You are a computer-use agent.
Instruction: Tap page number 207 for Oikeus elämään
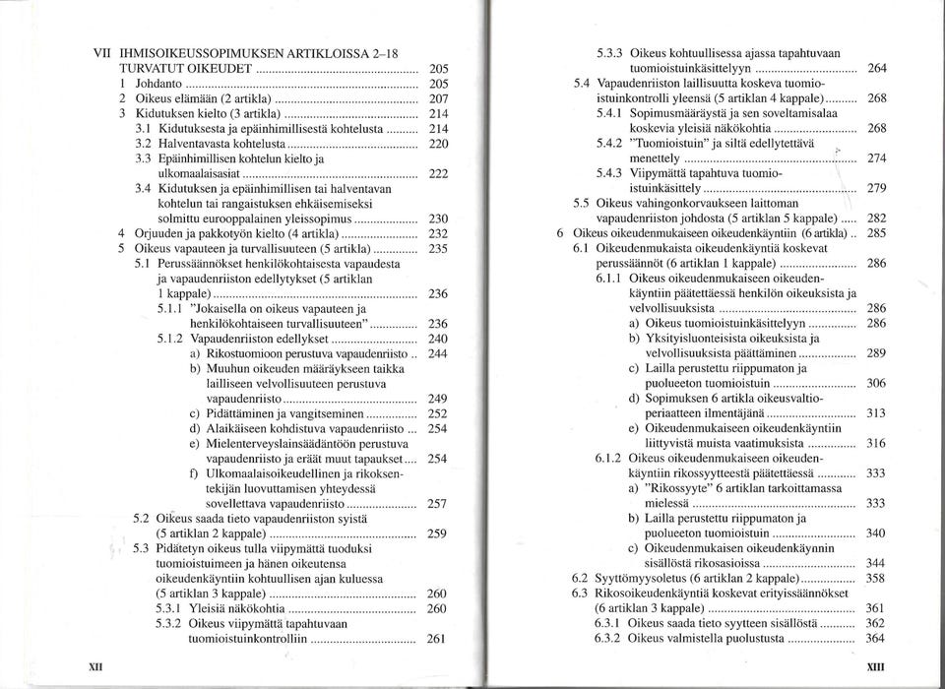440,100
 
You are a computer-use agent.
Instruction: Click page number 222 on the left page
440,173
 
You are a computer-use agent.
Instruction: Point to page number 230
440,219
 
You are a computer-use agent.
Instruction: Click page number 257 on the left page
440,504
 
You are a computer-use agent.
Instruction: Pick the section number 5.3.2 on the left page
170,623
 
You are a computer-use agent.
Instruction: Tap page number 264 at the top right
876,68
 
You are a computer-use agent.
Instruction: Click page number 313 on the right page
876,413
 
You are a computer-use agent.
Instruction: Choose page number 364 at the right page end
876,638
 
